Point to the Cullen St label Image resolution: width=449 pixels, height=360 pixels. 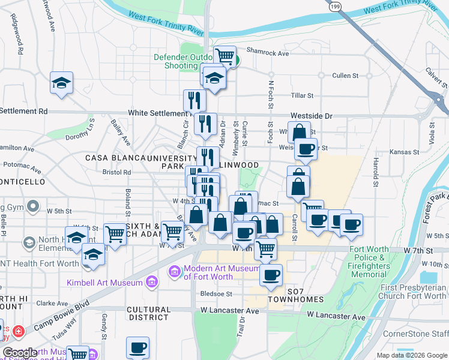(x=345, y=76)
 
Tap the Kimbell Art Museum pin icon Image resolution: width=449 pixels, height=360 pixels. (x=152, y=281)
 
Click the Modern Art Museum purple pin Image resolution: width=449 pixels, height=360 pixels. (x=175, y=272)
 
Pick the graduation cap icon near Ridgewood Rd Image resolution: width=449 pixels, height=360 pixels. (x=61, y=82)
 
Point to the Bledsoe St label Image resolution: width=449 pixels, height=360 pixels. (x=216, y=294)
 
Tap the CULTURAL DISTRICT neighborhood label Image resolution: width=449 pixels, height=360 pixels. (x=148, y=313)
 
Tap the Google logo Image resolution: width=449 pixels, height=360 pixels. (x=20, y=353)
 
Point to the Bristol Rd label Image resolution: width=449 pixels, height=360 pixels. (x=116, y=172)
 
